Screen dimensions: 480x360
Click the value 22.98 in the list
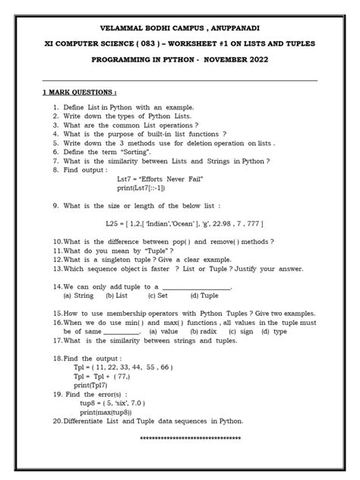point(228,224)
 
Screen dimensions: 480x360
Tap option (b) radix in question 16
point(200,331)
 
